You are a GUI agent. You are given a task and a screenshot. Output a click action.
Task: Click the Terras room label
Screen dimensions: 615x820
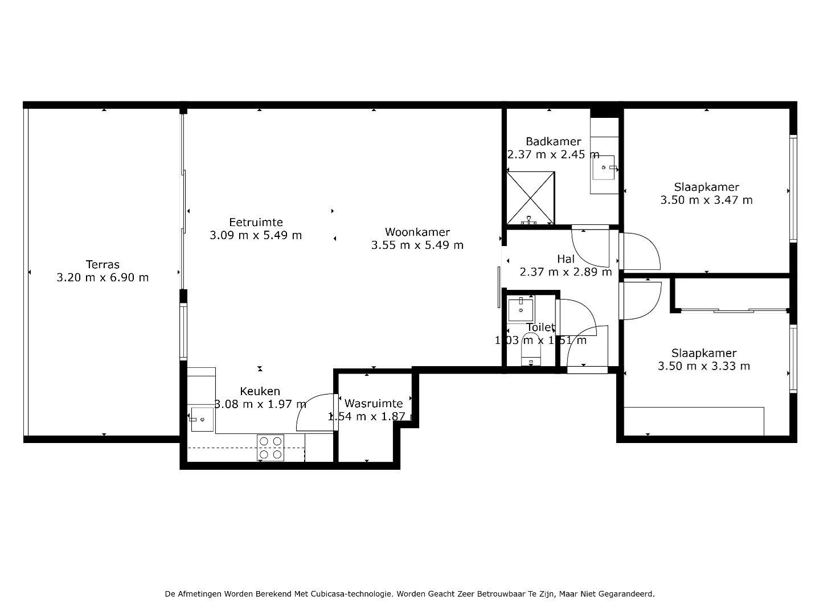[102, 264]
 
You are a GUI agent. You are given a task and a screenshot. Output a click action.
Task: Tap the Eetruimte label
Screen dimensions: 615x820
[256, 222]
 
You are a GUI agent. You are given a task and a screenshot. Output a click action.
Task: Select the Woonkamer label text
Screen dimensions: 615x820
[417, 232]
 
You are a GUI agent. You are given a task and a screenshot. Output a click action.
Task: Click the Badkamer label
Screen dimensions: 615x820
[553, 141]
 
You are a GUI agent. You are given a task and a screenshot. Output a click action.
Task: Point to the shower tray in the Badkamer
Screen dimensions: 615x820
[530, 197]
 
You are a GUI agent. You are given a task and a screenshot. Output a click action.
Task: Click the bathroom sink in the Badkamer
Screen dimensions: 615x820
[604, 167]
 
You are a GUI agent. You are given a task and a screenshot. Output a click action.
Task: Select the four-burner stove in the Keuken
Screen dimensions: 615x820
[270, 448]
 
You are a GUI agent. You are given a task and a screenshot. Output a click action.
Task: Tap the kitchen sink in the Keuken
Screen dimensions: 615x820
[202, 420]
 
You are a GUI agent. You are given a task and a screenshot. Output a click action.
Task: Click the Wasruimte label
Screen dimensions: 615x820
[374, 403]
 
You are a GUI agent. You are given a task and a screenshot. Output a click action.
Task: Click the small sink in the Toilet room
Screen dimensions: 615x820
[520, 310]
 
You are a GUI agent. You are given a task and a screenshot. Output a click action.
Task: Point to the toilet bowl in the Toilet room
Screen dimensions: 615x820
[531, 356]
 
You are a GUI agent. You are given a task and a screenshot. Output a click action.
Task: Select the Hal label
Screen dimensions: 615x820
[565, 259]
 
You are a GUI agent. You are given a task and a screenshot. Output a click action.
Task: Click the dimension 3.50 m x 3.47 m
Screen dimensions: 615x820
[706, 200]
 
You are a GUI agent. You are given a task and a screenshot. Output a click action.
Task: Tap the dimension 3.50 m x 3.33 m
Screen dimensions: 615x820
[703, 366]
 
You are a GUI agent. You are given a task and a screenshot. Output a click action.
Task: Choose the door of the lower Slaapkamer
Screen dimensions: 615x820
[641, 300]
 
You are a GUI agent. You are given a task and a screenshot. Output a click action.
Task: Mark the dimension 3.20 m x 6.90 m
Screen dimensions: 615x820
[102, 278]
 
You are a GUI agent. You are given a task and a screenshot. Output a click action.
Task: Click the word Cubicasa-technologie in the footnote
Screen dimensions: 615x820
[351, 594]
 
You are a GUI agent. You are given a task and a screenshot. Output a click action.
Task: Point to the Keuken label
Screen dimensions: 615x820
[260, 391]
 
